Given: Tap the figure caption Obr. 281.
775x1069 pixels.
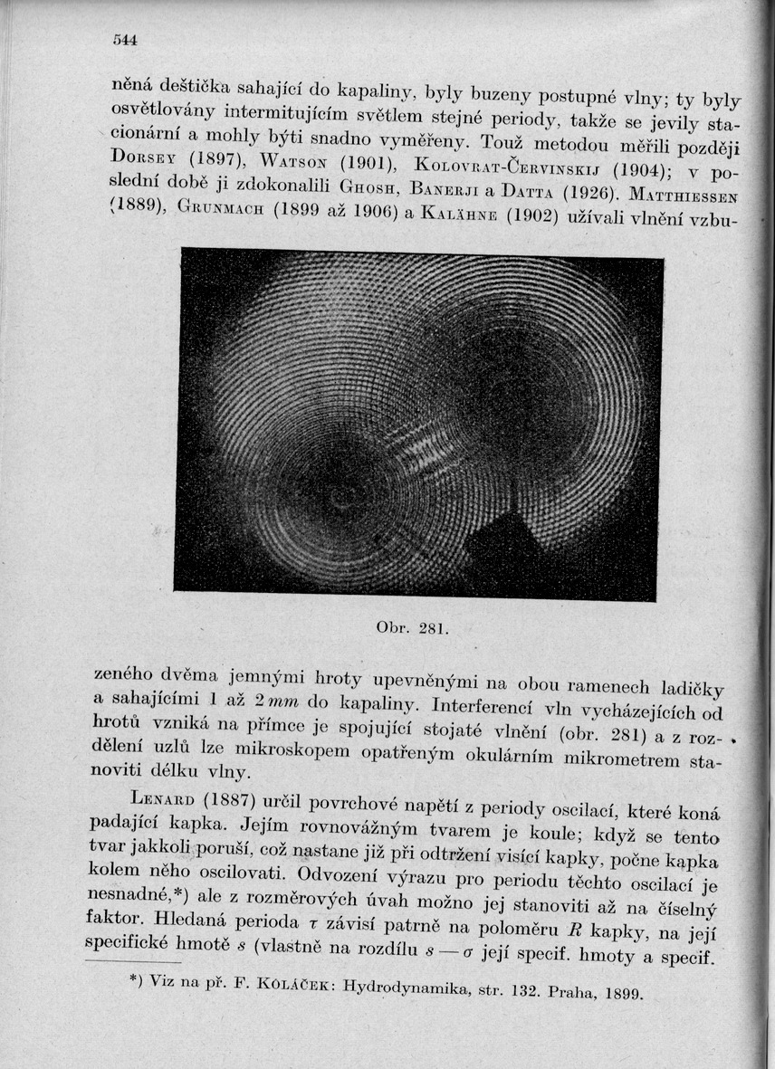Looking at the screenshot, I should pos(398,627).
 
